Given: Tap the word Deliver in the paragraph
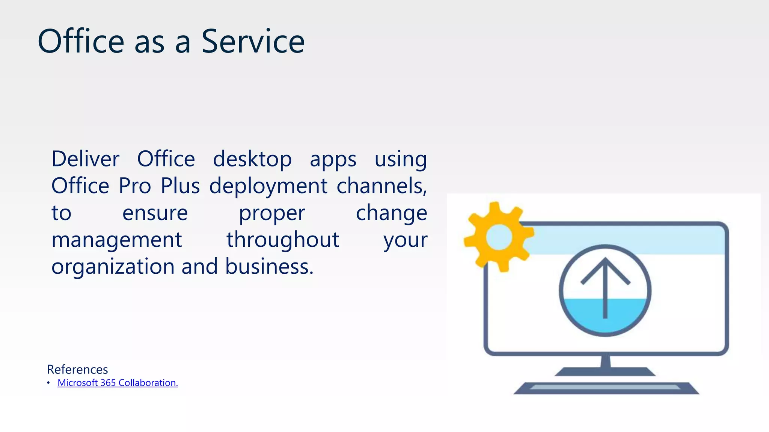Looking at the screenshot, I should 85,159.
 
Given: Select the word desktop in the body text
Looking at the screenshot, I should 252,159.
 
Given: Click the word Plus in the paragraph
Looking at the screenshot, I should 180,186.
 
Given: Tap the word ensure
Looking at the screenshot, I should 155,213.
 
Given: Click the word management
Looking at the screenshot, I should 116,240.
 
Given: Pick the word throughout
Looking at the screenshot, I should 283,240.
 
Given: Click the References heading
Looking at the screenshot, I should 77,369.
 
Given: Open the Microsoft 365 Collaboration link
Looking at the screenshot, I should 118,383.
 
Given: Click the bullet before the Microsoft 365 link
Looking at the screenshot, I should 48,383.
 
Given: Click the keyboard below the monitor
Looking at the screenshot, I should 606,388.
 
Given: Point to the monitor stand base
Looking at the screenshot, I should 605,372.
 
